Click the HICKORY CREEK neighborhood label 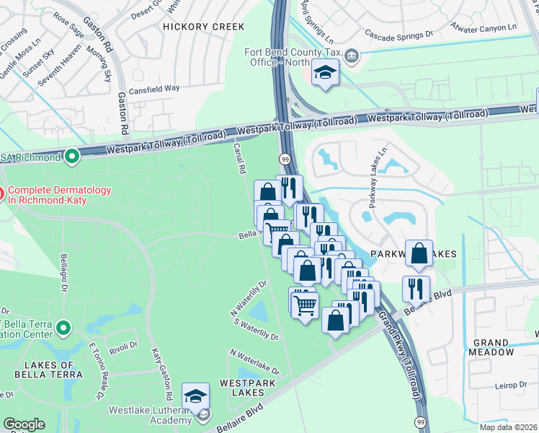coord(204,27)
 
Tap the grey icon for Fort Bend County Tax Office coord(352,55)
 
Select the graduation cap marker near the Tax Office coord(325,73)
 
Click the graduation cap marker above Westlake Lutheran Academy coord(195,396)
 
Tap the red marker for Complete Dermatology coord(1,193)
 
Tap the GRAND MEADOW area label coord(494,347)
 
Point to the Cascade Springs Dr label coord(398,34)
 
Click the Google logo coord(24,424)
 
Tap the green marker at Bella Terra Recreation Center coord(63,328)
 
